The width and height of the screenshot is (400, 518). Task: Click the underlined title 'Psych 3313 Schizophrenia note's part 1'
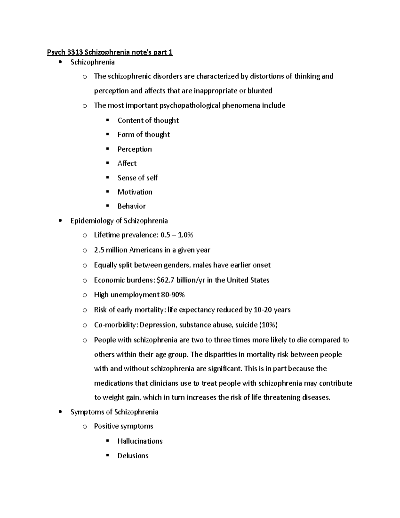click(110, 52)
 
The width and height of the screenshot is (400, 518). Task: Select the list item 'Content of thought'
click(148, 120)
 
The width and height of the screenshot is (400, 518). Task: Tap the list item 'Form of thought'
click(144, 134)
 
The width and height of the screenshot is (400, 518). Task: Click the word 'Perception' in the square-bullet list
click(134, 149)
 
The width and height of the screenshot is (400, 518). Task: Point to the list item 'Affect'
click(127, 163)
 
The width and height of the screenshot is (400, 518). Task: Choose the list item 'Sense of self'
click(137, 178)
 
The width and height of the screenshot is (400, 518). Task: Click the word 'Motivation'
click(135, 192)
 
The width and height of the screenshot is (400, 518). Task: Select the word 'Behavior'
click(131, 206)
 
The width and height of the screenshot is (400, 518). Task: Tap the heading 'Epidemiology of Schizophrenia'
click(119, 221)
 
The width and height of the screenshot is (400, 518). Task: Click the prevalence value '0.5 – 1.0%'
click(177, 235)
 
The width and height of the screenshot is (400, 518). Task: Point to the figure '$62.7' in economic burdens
click(165, 280)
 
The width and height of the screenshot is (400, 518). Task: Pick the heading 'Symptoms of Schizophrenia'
click(114, 412)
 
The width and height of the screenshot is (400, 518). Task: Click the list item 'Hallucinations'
click(140, 441)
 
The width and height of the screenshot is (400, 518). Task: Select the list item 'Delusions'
click(133, 456)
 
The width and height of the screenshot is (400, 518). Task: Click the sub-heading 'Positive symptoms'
click(123, 426)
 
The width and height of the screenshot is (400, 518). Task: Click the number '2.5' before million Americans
click(99, 250)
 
